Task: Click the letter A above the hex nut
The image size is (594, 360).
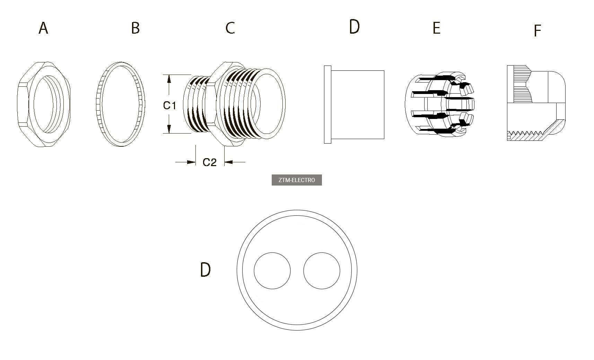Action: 43,28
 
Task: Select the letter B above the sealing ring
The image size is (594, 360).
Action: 135,28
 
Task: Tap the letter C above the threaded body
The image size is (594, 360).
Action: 230,28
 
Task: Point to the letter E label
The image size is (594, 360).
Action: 436,28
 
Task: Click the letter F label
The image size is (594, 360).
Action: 537,31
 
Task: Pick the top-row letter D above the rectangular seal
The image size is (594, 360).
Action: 354,26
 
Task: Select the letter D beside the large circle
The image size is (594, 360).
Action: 205,270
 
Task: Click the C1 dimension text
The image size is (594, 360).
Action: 169,105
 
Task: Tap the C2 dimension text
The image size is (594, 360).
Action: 209,162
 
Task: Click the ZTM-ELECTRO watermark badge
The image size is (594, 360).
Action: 297,180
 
